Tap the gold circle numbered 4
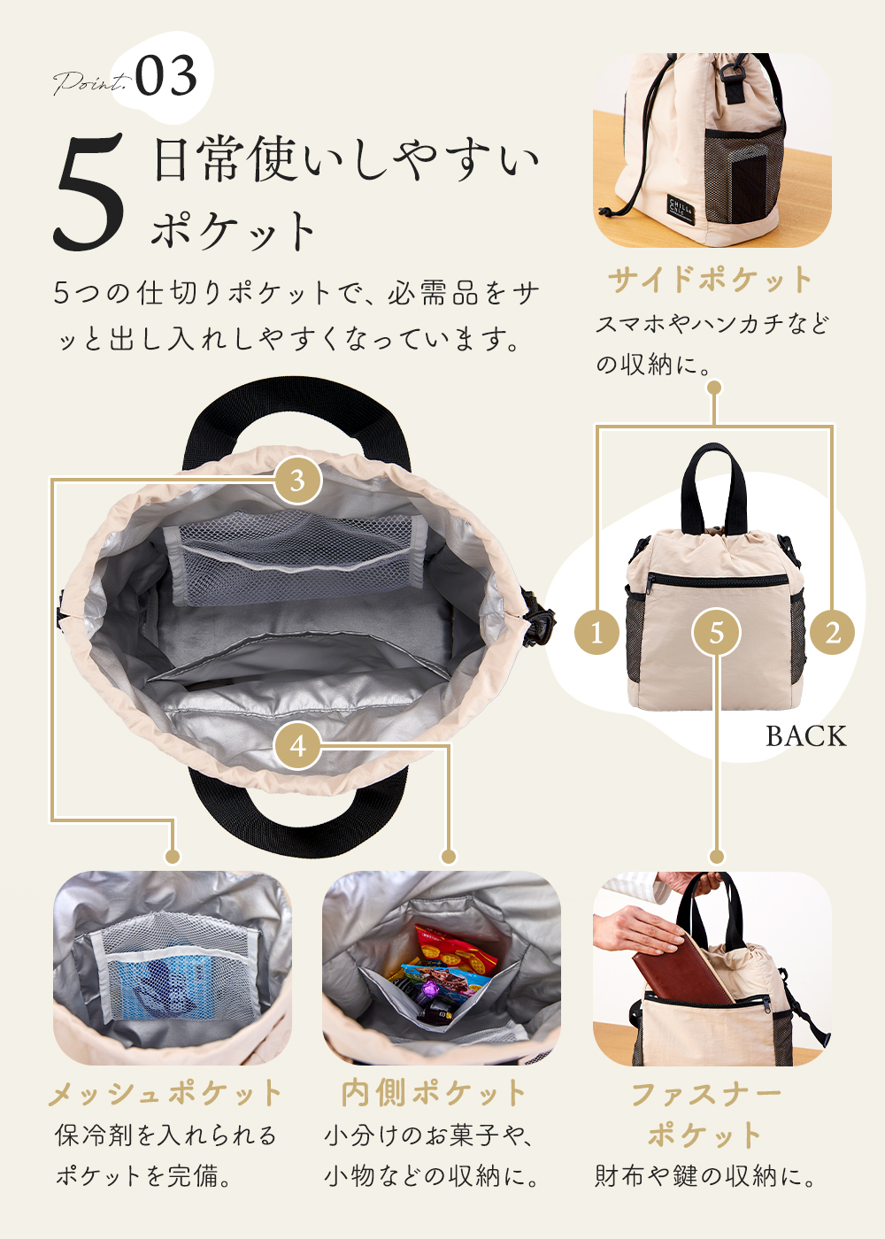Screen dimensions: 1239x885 [x=297, y=745]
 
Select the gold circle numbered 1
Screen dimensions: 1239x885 [x=596, y=632]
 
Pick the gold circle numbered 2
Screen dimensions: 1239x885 [x=832, y=632]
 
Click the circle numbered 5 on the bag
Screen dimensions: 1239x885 [x=716, y=632]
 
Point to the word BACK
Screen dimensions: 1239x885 [x=805, y=736]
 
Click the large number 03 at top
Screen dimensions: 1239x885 [x=166, y=76]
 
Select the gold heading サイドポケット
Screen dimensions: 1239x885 [x=710, y=280]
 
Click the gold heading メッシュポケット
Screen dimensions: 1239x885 [x=165, y=1094]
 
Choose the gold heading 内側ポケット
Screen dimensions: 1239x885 [x=434, y=1094]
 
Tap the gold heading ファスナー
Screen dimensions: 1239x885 [x=706, y=1095]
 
